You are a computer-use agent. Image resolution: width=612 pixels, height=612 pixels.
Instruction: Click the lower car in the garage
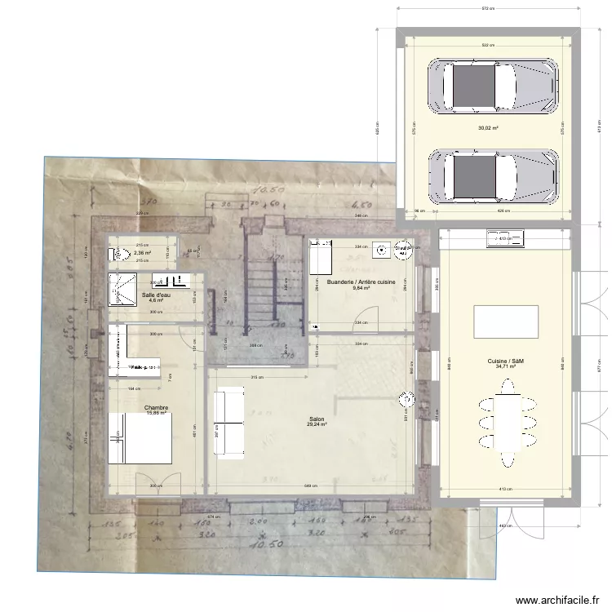(494, 175)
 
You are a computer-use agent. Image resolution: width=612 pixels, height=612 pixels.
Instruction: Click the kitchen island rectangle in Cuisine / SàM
(506, 321)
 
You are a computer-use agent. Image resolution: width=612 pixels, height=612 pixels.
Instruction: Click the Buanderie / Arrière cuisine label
(361, 283)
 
